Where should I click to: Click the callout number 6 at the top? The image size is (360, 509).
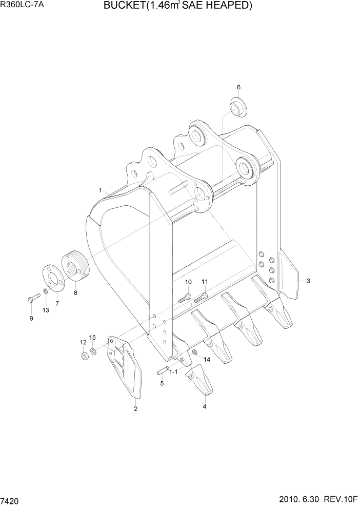click(x=238, y=87)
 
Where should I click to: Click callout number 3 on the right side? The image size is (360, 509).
click(x=308, y=281)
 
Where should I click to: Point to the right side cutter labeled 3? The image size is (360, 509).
click(x=288, y=275)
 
